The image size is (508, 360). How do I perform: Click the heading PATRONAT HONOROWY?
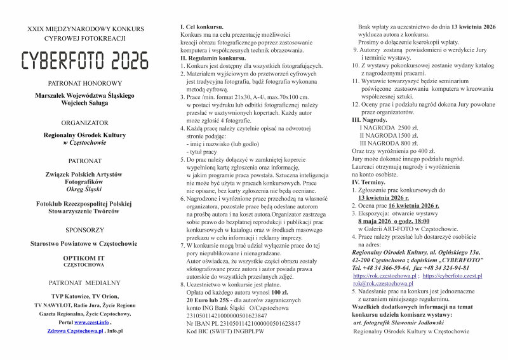click(x=85, y=83)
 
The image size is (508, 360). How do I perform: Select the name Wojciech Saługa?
click(x=85, y=103)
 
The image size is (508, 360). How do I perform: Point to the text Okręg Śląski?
click(x=85, y=189)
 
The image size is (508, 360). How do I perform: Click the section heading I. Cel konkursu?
click(x=202, y=27)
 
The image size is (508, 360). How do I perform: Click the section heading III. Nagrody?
click(x=370, y=119)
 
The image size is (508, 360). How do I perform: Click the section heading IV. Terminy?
click(x=369, y=182)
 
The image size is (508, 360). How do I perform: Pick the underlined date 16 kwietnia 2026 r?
click(x=413, y=206)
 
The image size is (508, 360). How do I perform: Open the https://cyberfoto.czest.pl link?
click(x=452, y=276)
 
